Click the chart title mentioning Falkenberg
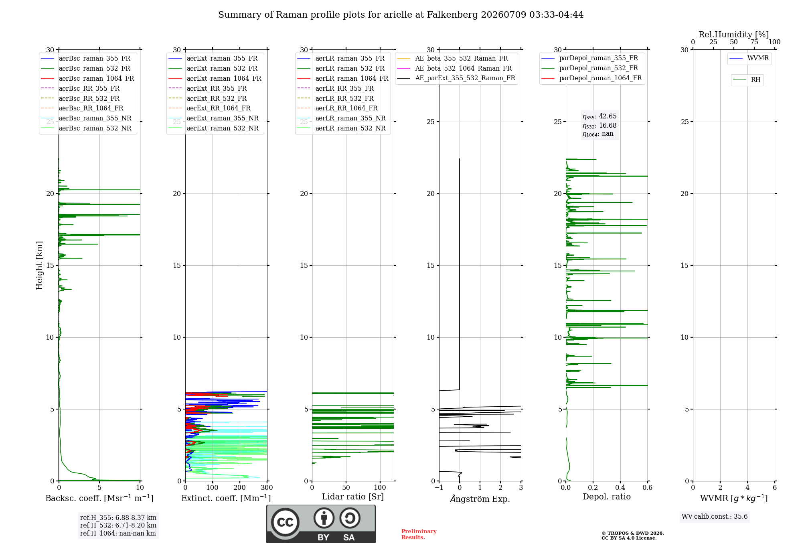tap(401, 15)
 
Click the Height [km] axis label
tap(39, 265)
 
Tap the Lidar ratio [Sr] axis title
tap(353, 497)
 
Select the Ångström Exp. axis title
tap(480, 499)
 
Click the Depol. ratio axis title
tap(607, 497)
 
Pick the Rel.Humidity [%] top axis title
tap(734, 35)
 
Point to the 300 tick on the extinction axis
tap(267, 488)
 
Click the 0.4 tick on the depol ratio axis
tap(620, 488)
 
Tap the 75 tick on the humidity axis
tap(754, 42)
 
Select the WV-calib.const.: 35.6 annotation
tap(715, 517)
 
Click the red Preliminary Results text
tap(419, 534)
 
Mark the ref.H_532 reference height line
tap(118, 526)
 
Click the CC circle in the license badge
tap(285, 522)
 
